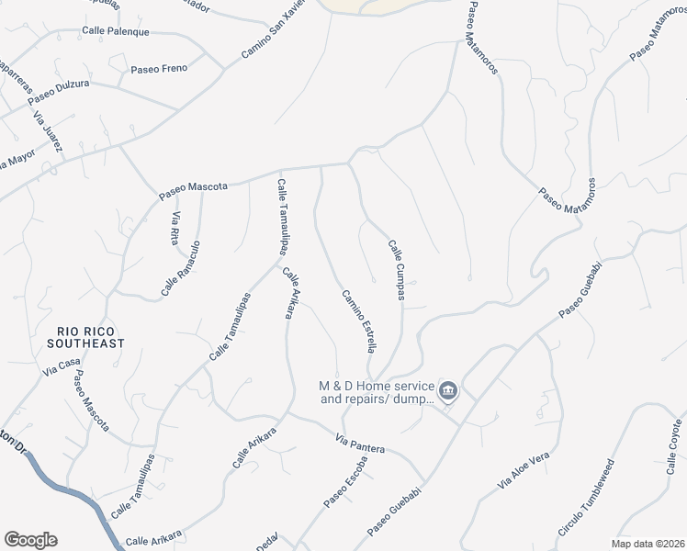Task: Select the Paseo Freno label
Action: (159, 69)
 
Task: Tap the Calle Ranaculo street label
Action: (181, 267)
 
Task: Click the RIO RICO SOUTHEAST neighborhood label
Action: (90, 336)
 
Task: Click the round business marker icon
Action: (448, 392)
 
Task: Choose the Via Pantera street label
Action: (359, 444)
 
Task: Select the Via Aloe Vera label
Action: (523, 469)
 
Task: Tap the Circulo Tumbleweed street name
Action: (585, 504)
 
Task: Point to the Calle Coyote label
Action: (674, 449)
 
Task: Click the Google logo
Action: (30, 540)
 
